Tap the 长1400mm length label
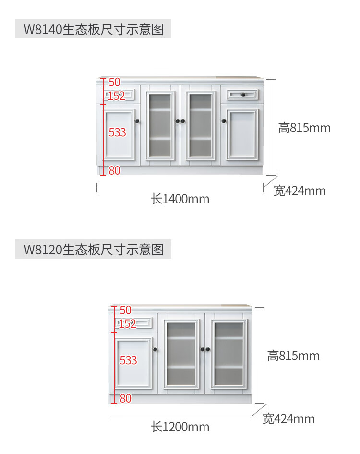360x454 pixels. tap(180, 199)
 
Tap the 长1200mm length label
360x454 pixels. tap(180, 427)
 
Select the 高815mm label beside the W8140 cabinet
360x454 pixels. tap(304, 128)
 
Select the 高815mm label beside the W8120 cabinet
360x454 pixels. tap(293, 356)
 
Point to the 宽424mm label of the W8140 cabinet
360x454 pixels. tap(300, 191)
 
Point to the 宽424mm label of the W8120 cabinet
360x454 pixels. tap(288, 419)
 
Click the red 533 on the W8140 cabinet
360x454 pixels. tap(117, 132)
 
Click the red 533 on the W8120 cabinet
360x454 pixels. tap(128, 360)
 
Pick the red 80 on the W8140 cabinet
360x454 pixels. tap(114, 170)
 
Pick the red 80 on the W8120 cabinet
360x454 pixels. tap(125, 398)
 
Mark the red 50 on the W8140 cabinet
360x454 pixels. tap(114, 82)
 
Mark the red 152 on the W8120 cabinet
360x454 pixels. tap(127, 324)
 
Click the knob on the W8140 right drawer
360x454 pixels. tap(243, 94)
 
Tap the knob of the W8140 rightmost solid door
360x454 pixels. tap(224, 121)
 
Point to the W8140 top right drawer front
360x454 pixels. tap(243, 94)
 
